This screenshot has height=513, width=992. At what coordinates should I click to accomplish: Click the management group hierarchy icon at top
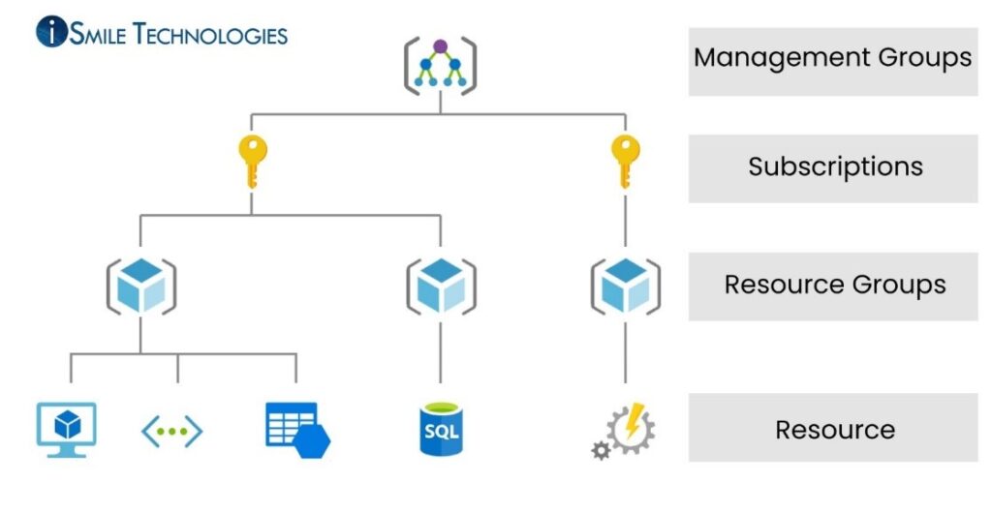tap(440, 66)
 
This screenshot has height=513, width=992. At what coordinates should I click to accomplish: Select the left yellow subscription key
tap(252, 161)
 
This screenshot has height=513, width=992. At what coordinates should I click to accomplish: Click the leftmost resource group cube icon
tap(140, 286)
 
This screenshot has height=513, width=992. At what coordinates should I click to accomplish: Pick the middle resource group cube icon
tap(441, 286)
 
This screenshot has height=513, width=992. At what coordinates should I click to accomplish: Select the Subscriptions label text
tap(834, 166)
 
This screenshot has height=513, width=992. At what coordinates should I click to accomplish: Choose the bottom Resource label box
tap(834, 429)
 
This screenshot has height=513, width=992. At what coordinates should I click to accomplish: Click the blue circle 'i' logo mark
tap(51, 32)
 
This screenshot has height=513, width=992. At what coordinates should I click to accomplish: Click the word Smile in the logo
tap(97, 35)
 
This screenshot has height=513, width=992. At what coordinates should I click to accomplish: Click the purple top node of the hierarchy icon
tap(440, 45)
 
